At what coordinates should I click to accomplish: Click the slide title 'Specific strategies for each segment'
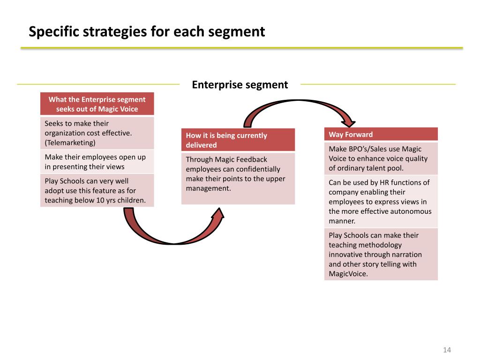point(147,32)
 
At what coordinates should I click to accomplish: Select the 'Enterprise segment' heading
point(240,85)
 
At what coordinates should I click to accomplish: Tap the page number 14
point(446,350)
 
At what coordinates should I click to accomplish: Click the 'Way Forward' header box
point(381,135)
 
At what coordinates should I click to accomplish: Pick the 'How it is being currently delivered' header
point(238,140)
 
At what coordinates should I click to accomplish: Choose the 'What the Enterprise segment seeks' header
point(97,104)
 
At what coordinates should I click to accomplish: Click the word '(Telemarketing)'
point(70,142)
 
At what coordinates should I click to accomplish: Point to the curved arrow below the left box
point(173,230)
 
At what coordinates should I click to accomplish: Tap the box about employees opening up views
point(97,162)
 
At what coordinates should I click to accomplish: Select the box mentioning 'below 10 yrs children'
point(97,191)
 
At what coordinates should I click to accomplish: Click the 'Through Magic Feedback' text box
point(238,178)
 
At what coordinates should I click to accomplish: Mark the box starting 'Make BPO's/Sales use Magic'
point(381,158)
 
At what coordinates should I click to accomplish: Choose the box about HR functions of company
point(381,202)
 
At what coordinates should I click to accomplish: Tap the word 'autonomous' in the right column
point(412,211)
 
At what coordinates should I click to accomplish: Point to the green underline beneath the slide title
point(241,48)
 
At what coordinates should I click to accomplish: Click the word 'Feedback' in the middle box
point(251,159)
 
